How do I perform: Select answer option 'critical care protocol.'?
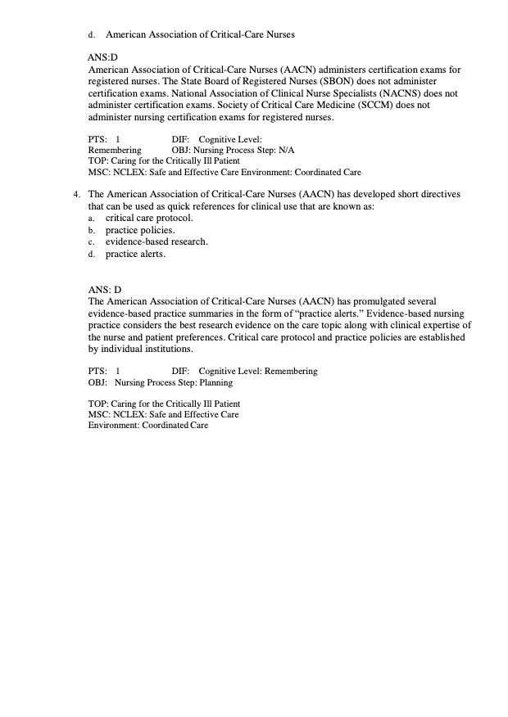coord(149,219)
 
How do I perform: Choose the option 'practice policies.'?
coord(140,231)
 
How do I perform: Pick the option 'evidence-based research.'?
coord(156,242)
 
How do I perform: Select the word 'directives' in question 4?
coord(436,195)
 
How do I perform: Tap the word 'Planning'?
coord(212,382)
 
